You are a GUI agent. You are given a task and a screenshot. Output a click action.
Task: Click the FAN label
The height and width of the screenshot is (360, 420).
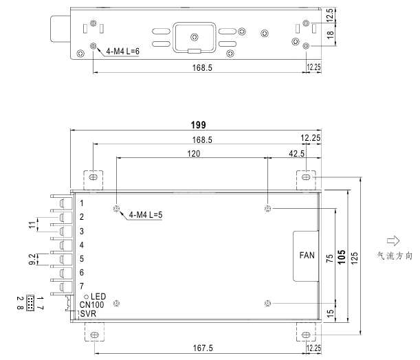pos(307,255)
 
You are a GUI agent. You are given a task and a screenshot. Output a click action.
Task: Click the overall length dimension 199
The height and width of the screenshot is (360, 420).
pos(198,125)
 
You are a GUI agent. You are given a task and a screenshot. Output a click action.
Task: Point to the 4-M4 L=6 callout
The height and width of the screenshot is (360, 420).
pos(122,51)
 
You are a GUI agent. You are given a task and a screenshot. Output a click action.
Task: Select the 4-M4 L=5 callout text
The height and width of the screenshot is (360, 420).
pos(146,214)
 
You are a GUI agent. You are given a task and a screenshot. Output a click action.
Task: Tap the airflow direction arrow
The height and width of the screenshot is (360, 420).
pos(393,240)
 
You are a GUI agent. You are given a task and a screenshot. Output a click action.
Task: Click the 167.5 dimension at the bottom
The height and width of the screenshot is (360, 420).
pos(203,348)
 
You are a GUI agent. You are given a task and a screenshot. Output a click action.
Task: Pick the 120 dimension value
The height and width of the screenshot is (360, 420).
pos(193,154)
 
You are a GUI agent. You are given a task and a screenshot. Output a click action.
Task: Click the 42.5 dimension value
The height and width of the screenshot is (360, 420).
pos(296,154)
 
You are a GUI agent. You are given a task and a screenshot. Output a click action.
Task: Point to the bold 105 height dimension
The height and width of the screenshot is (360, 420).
pos(342,257)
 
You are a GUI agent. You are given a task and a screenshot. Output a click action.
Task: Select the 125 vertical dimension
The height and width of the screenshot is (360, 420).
pos(354,258)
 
